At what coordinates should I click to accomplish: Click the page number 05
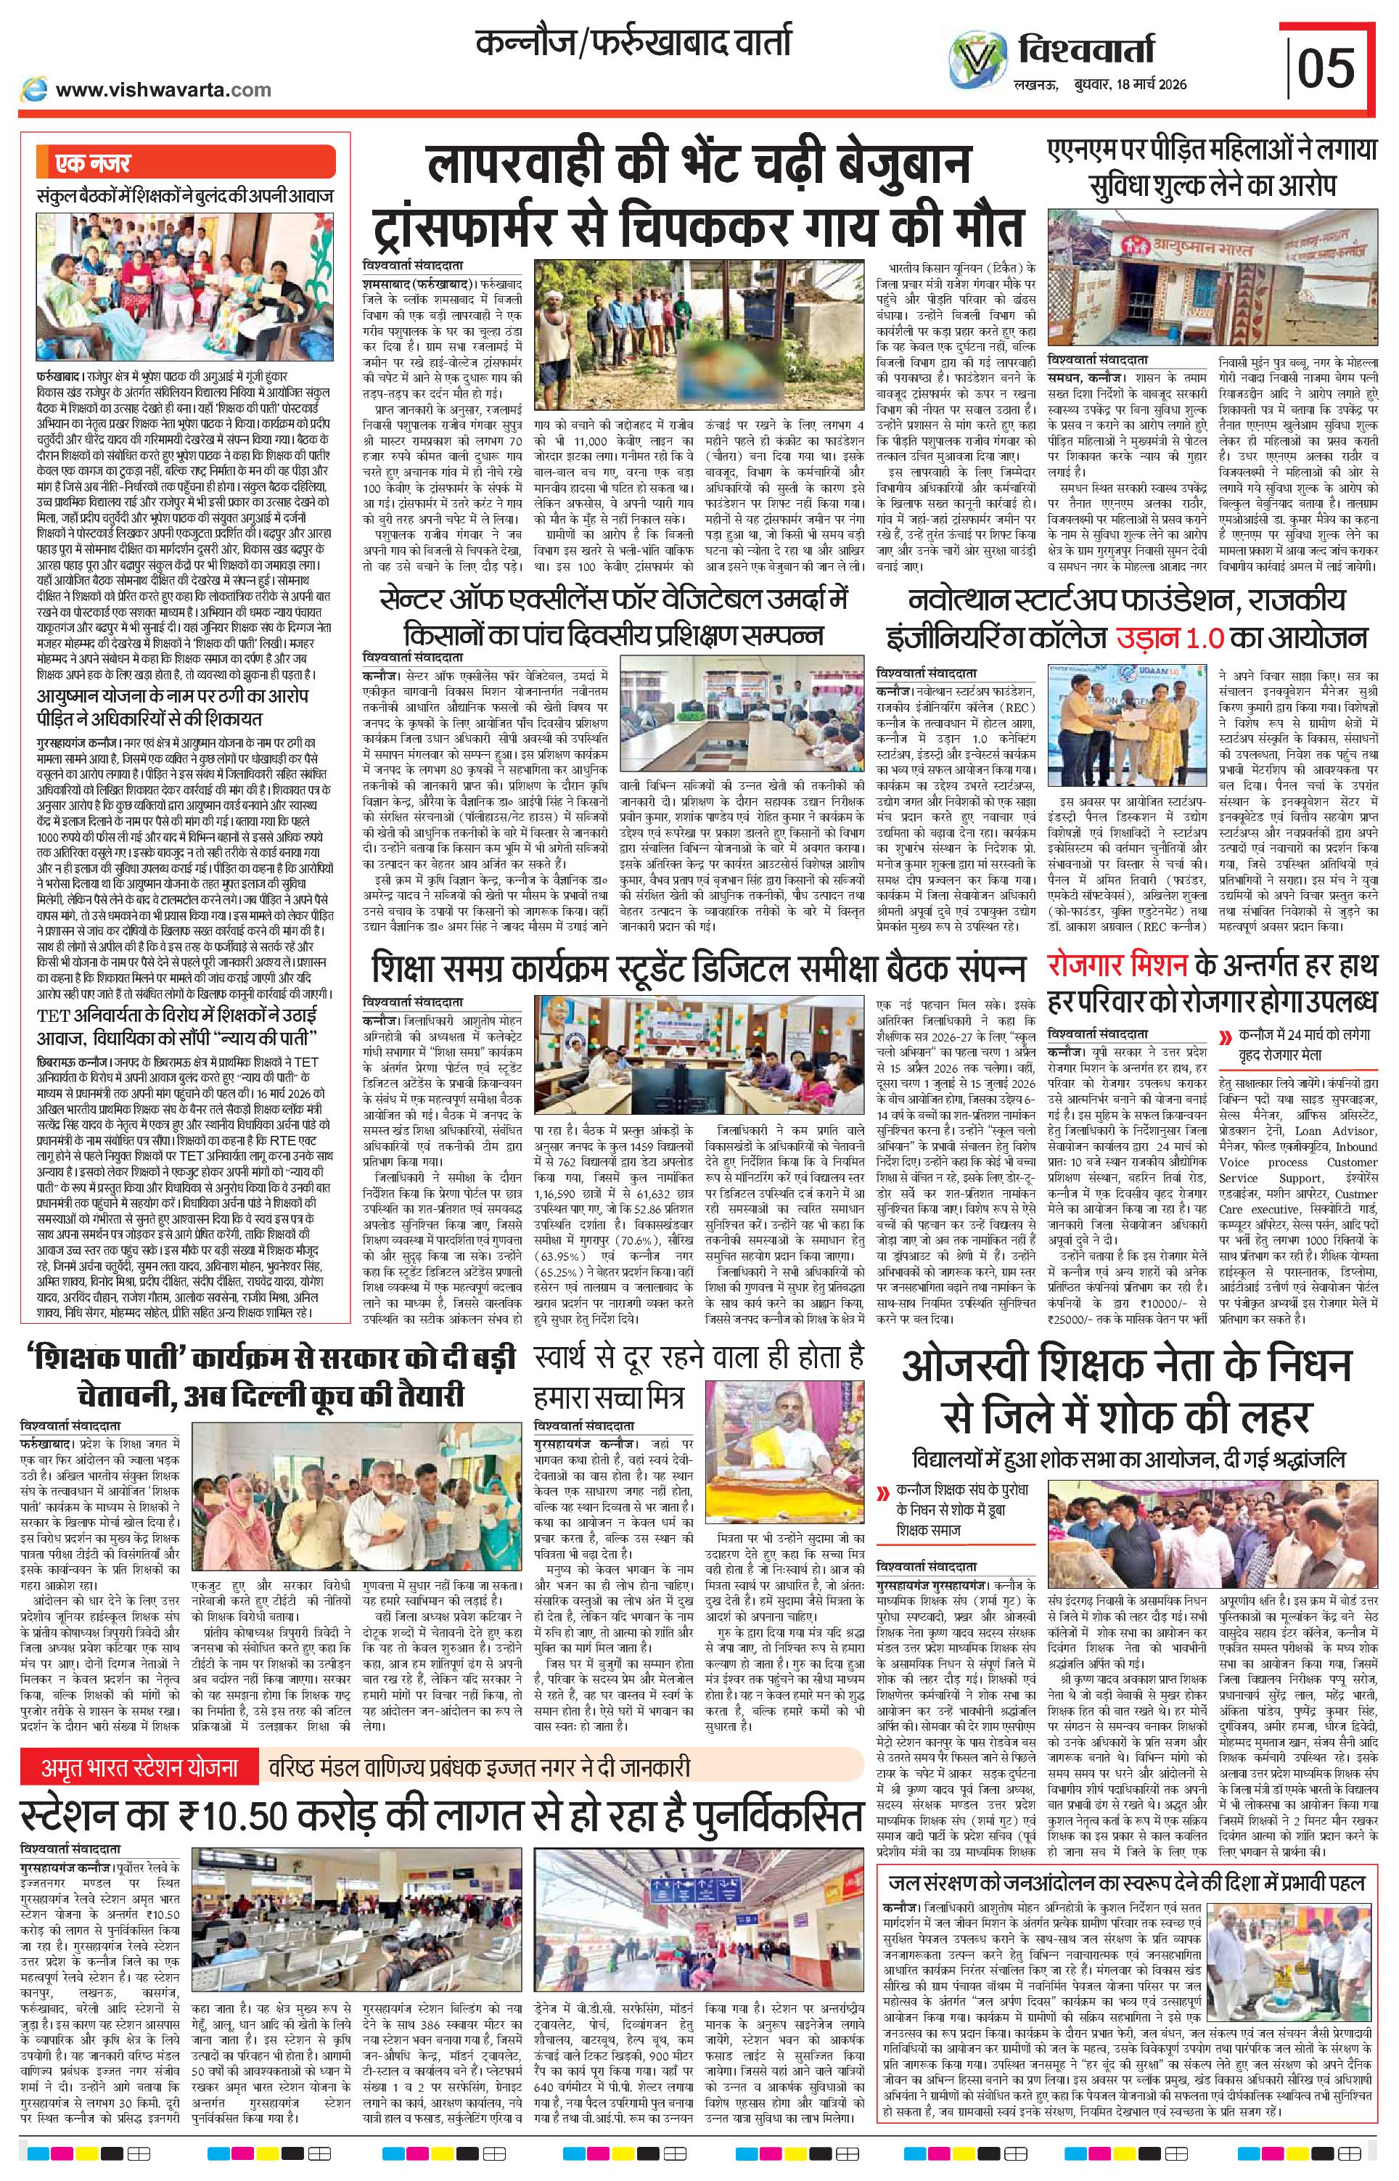1326,68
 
